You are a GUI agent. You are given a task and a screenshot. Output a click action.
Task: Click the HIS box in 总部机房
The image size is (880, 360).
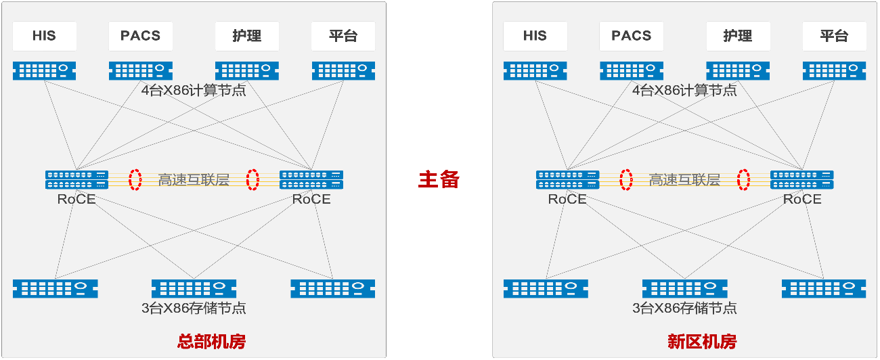44,36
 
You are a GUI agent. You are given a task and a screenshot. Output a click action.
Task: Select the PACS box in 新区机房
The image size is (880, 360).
631,36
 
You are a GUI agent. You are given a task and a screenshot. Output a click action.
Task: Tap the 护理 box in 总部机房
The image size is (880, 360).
246,36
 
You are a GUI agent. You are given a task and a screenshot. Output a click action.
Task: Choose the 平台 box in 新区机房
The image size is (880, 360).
834,36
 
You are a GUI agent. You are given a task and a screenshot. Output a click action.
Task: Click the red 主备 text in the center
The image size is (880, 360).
439,179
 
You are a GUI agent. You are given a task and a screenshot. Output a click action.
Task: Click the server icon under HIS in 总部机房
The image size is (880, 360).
44,70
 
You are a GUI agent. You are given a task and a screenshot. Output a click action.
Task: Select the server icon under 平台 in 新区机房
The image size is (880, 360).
834,70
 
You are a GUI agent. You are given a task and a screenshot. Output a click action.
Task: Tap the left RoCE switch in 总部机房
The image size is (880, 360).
76,179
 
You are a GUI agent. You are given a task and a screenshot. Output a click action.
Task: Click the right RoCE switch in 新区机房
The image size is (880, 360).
802,179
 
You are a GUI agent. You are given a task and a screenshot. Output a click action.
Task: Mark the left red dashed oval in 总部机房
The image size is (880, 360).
135,179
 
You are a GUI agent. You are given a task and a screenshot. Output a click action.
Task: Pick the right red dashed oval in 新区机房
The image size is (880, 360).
744,179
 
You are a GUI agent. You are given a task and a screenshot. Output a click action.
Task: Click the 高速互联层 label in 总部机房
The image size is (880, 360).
194,180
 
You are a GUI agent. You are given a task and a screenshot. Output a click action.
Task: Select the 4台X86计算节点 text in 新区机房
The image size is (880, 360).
684,90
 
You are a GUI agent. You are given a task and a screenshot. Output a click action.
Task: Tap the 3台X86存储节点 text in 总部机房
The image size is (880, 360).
194,309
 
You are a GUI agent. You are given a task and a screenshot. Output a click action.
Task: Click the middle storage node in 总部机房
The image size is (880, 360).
194,288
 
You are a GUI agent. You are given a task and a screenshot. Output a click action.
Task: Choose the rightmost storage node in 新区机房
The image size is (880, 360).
823,288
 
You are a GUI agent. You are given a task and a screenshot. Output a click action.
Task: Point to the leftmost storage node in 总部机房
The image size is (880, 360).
56,288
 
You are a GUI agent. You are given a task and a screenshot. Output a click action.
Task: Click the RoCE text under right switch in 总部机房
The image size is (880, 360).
311,199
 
